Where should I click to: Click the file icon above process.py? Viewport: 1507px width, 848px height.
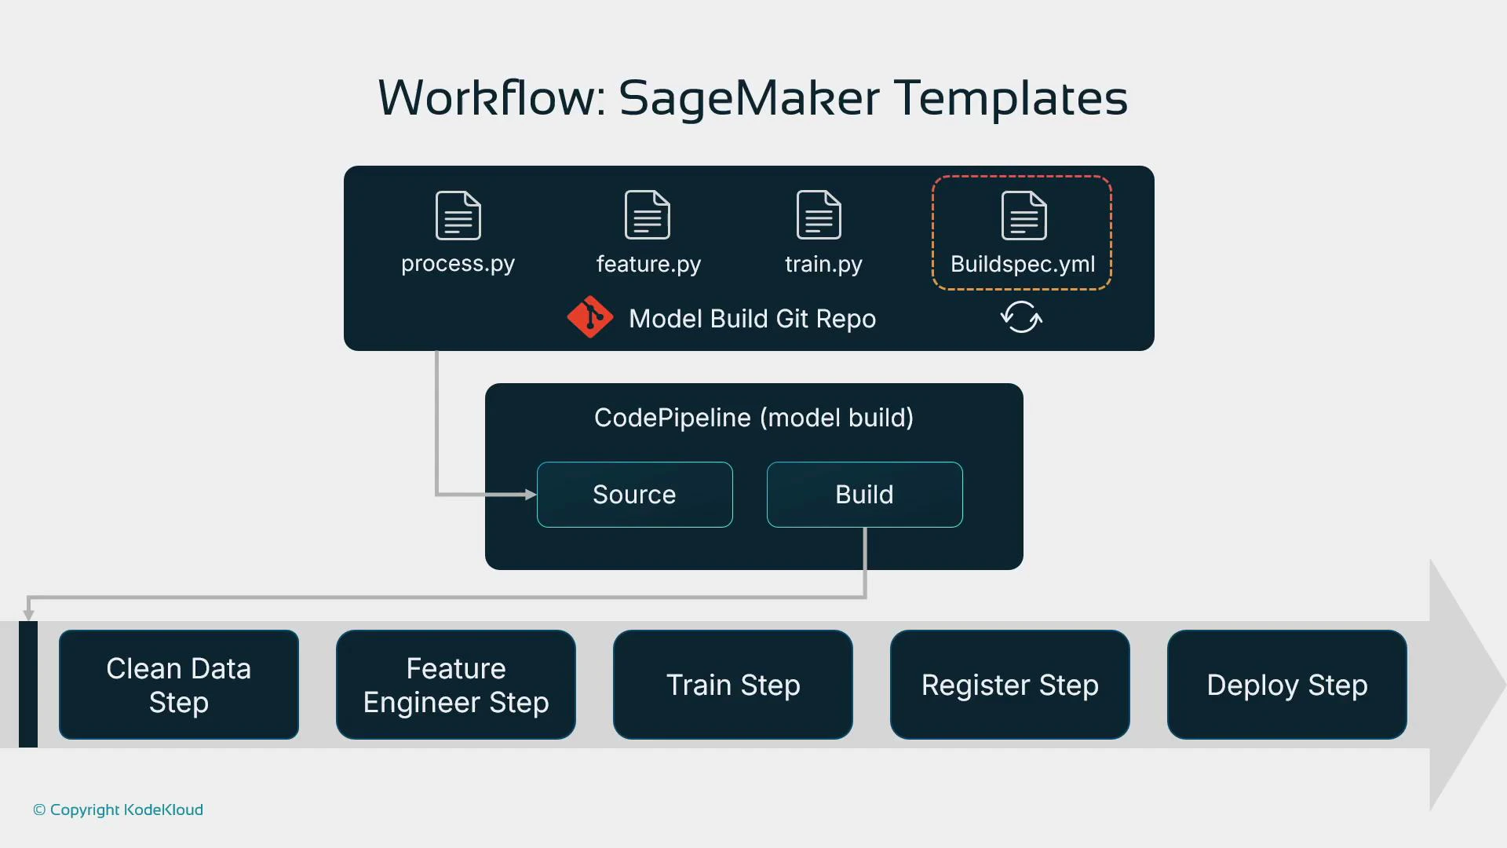click(458, 215)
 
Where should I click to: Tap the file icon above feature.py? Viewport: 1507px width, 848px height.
click(648, 215)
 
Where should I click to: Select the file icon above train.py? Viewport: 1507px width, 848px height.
click(819, 215)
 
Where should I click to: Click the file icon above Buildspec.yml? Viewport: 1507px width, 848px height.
click(1024, 215)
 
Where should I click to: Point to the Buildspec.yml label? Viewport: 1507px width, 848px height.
click(1023, 264)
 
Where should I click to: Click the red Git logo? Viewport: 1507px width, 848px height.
click(589, 317)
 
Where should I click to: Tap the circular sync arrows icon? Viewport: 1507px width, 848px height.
click(1021, 317)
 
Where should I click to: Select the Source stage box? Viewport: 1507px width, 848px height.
click(634, 495)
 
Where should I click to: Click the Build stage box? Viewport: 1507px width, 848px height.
click(864, 495)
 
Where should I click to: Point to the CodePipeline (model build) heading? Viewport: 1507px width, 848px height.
click(753, 418)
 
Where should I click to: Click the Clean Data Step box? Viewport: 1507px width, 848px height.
click(179, 685)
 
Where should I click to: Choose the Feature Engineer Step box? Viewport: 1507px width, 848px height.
click(456, 685)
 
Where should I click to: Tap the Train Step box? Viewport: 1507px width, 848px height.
click(733, 685)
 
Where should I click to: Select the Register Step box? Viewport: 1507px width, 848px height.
click(1010, 685)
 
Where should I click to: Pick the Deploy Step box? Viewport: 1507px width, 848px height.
click(1287, 685)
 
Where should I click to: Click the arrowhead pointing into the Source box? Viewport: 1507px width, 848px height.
click(531, 495)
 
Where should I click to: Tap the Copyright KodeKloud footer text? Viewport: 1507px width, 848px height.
click(119, 810)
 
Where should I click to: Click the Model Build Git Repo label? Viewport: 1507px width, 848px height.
click(752, 319)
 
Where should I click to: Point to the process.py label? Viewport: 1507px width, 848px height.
click(458, 264)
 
